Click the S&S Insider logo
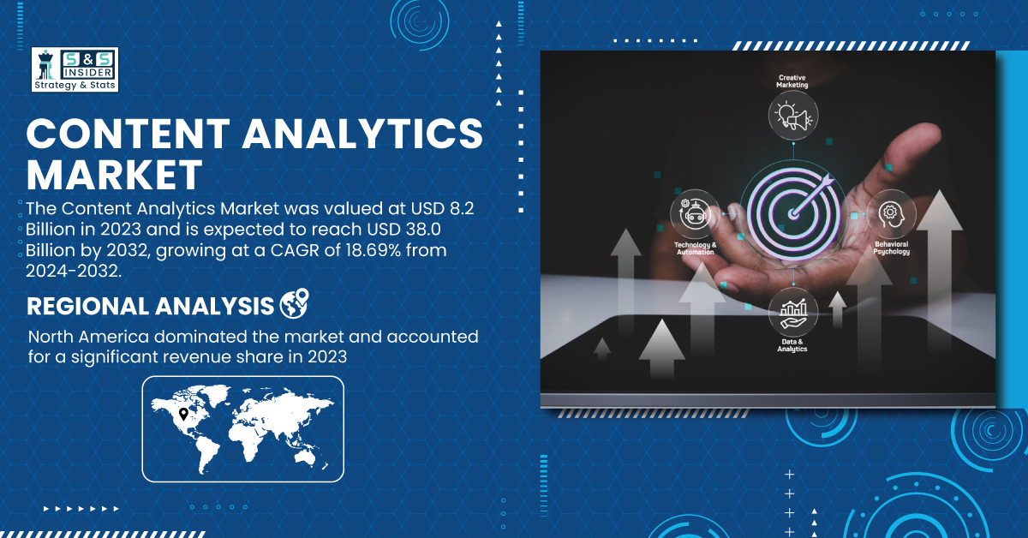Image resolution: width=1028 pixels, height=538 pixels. click(x=75, y=69)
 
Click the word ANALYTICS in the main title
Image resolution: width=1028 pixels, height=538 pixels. click(x=362, y=134)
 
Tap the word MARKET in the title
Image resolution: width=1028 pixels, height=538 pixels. click(x=114, y=175)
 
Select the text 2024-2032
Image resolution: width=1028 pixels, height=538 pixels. click(x=74, y=271)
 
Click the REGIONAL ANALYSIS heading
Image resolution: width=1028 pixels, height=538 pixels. click(x=150, y=306)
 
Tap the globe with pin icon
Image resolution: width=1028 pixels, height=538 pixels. click(x=295, y=303)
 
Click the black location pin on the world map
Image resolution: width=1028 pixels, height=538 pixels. click(x=183, y=414)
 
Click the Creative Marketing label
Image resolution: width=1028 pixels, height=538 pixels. click(x=792, y=81)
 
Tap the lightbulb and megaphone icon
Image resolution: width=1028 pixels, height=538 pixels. click(x=793, y=115)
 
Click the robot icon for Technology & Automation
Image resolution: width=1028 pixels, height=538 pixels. click(x=695, y=214)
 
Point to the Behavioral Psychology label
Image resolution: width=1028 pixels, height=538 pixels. click(x=891, y=248)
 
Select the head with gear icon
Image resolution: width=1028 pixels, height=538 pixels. click(x=891, y=213)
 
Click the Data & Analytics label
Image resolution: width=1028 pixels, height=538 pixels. click(x=792, y=345)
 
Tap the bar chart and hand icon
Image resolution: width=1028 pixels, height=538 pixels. click(x=793, y=312)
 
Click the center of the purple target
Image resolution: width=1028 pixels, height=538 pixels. click(x=793, y=214)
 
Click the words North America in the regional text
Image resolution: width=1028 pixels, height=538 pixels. click(x=88, y=337)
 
